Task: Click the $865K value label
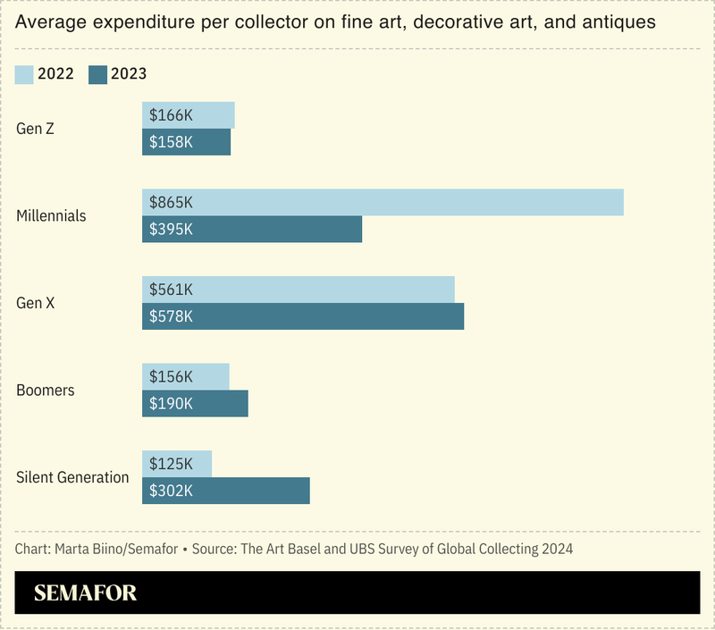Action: click(x=172, y=203)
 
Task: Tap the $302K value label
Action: click(x=172, y=491)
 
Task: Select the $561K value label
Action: click(x=172, y=290)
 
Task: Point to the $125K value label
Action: click(x=172, y=464)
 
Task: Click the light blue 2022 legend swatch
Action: click(x=25, y=74)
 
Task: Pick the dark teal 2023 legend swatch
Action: click(x=97, y=74)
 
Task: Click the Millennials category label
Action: click(x=52, y=216)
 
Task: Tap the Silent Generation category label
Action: click(x=72, y=477)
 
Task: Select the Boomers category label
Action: click(x=46, y=391)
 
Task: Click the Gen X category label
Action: click(x=36, y=303)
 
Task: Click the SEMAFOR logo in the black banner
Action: click(x=85, y=593)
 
